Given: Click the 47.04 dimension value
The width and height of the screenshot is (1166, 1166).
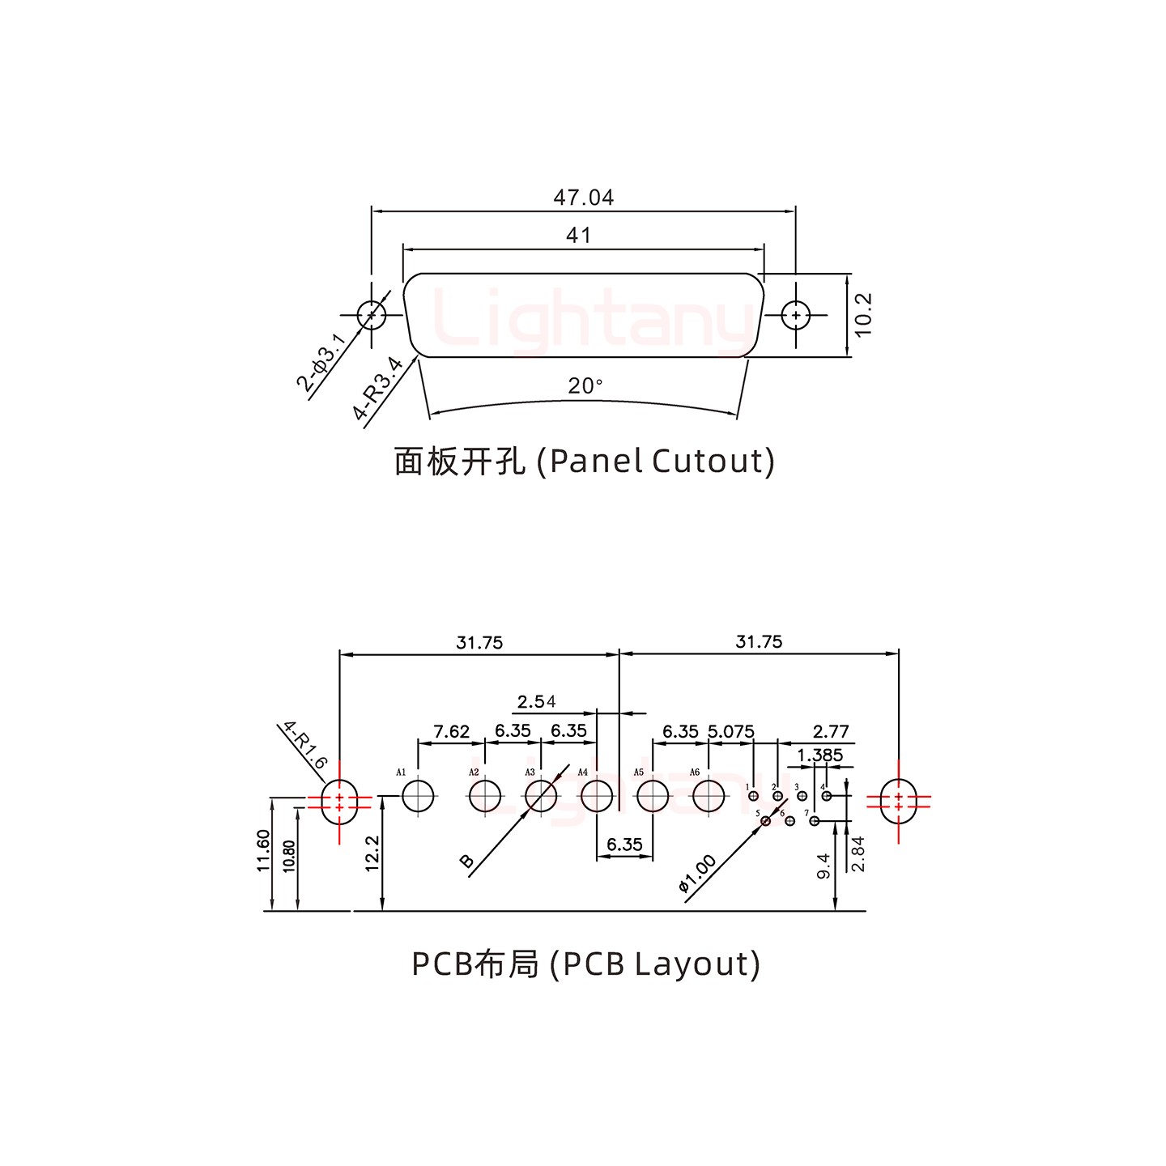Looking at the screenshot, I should [583, 197].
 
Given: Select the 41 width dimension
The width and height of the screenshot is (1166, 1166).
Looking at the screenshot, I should [578, 236].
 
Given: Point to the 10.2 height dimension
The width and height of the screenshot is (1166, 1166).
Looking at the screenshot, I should [863, 314].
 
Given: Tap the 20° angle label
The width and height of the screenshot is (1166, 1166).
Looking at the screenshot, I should [585, 386].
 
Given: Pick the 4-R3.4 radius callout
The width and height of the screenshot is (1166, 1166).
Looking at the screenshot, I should [377, 389].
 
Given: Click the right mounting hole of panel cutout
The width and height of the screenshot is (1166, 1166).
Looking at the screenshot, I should [796, 315].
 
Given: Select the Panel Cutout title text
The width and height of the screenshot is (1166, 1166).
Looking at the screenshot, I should [584, 462].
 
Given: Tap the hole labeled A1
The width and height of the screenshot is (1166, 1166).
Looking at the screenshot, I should [418, 796].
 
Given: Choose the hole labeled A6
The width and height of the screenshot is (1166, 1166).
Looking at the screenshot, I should [709, 796].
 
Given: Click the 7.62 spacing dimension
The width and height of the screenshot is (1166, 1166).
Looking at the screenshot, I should [451, 731].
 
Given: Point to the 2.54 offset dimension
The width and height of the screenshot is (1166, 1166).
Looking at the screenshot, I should [536, 701].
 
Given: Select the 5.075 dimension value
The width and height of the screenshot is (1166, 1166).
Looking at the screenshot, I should [730, 731].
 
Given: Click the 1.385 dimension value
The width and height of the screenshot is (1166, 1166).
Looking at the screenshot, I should [819, 755].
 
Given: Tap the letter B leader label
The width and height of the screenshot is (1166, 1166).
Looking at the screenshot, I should [467, 861].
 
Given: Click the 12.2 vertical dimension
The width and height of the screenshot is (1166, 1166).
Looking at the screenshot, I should [372, 853].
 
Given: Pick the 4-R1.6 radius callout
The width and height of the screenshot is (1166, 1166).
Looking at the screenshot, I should [304, 746].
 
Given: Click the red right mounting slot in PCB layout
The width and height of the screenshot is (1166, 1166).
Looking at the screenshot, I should [898, 801].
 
